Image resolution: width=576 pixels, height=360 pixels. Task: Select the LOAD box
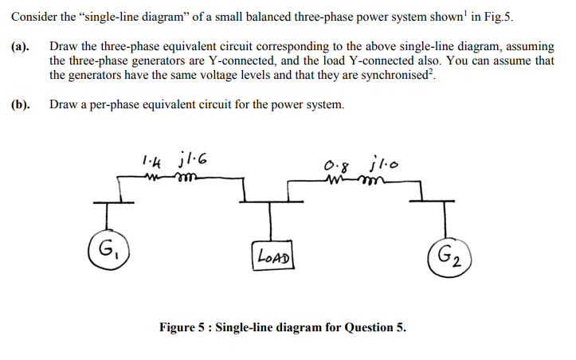point(270,256)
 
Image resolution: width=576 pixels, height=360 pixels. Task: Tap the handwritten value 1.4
point(148,160)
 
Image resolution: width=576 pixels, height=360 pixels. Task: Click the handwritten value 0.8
point(336,168)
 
